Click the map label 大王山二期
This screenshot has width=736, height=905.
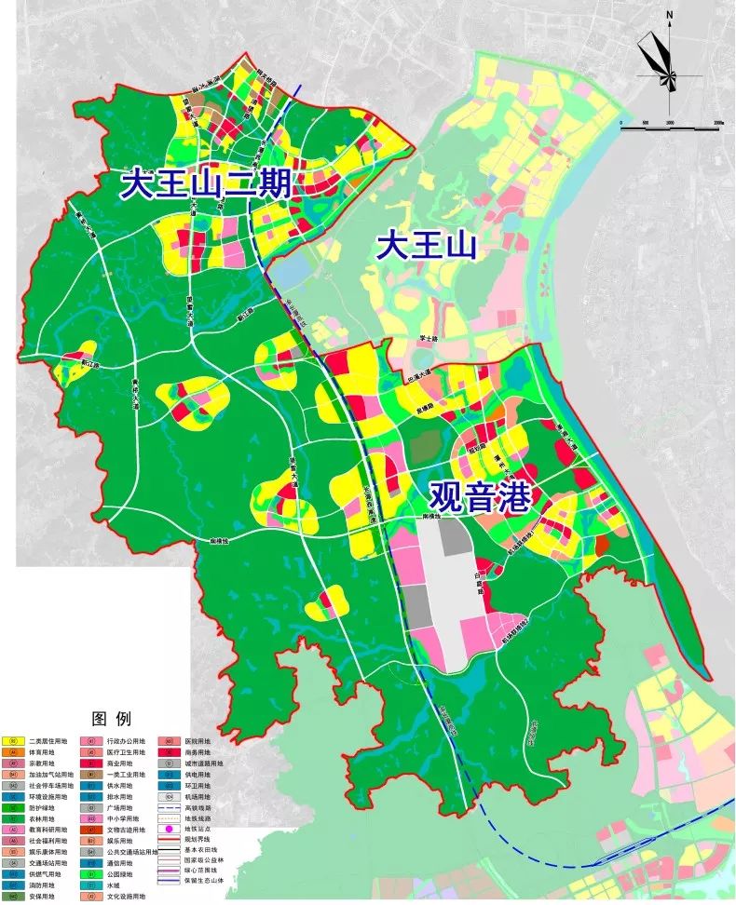[x=207, y=184]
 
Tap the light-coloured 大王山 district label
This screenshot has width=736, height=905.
[x=427, y=247]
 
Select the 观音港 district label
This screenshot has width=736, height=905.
[x=480, y=498]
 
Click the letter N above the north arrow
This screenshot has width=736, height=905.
[x=669, y=15]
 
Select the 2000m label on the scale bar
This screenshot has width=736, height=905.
[x=716, y=121]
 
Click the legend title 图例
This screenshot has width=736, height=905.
[x=111, y=719]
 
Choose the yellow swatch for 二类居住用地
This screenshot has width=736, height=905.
[x=13, y=741]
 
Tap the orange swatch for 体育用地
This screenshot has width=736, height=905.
[x=13, y=752]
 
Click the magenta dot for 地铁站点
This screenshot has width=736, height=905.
[x=169, y=829]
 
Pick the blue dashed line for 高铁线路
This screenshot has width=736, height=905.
[x=169, y=808]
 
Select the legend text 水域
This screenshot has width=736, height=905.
[x=114, y=885]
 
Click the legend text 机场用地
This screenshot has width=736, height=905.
[x=198, y=797]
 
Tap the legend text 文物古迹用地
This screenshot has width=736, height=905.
[x=126, y=830]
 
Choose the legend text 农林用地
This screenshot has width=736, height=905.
[x=42, y=818]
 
